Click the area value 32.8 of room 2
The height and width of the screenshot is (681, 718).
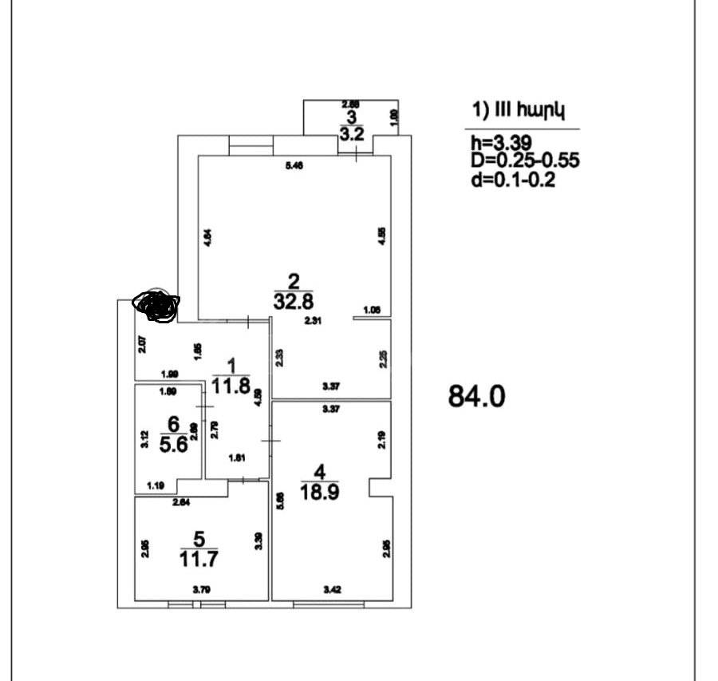pyautogui.click(x=294, y=301)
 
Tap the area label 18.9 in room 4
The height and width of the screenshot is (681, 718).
pyautogui.click(x=318, y=492)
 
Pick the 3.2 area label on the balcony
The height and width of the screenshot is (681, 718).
pyautogui.click(x=351, y=134)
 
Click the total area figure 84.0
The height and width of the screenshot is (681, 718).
pyautogui.click(x=477, y=397)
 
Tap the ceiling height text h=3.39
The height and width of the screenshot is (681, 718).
pyautogui.click(x=499, y=143)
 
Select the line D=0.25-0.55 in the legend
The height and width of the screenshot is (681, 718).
pyautogui.click(x=525, y=161)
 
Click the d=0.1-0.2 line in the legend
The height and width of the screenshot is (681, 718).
pyautogui.click(x=513, y=180)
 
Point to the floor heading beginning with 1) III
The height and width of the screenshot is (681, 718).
pyautogui.click(x=519, y=111)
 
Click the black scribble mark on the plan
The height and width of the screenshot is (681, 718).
pyautogui.click(x=156, y=306)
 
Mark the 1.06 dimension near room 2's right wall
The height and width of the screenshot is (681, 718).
pyautogui.click(x=371, y=310)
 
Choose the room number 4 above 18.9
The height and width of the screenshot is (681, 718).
pyautogui.click(x=319, y=471)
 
